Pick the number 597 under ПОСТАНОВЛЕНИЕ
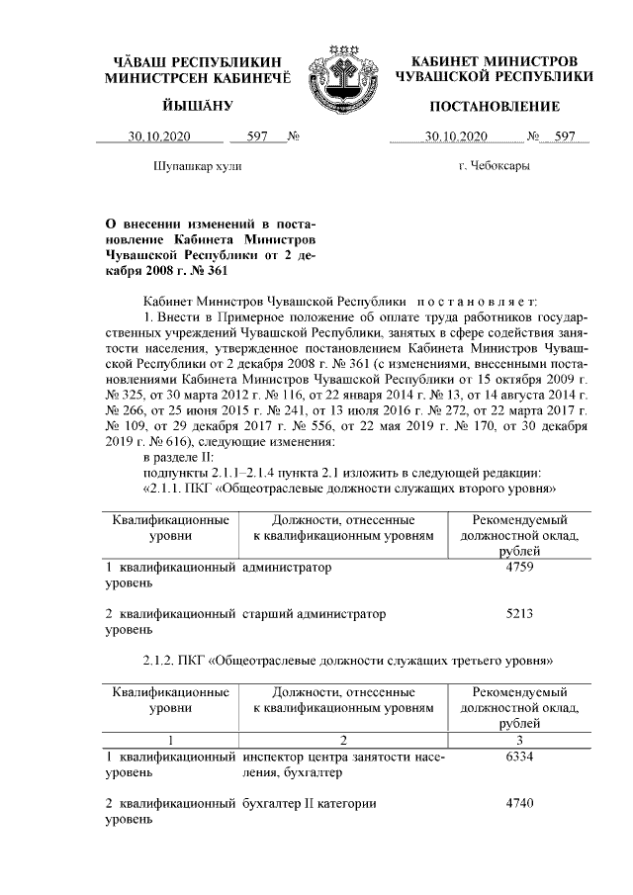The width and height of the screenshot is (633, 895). tap(565, 136)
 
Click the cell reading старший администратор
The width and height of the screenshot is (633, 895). tap(314, 613)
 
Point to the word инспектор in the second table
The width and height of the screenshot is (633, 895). tap(273, 757)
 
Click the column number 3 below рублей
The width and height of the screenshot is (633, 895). tap(519, 739)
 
